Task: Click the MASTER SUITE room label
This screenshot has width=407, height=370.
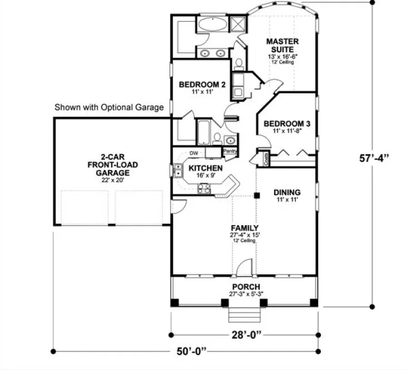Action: tap(282, 45)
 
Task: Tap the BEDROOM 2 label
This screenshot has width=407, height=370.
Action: tap(202, 85)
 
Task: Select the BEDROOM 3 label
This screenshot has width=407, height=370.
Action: tap(284, 123)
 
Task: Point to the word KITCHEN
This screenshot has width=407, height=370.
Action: tap(206, 168)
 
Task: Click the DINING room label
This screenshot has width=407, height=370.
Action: tap(287, 192)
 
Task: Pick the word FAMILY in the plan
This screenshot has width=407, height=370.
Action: tap(244, 228)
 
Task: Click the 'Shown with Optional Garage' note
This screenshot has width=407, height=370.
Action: tap(109, 107)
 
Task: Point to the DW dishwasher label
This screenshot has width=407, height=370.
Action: tap(193, 153)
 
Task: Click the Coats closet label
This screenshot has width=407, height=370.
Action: tap(260, 158)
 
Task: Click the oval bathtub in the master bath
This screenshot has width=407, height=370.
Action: tap(211, 25)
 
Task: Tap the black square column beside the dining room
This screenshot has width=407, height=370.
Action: tap(257, 195)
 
